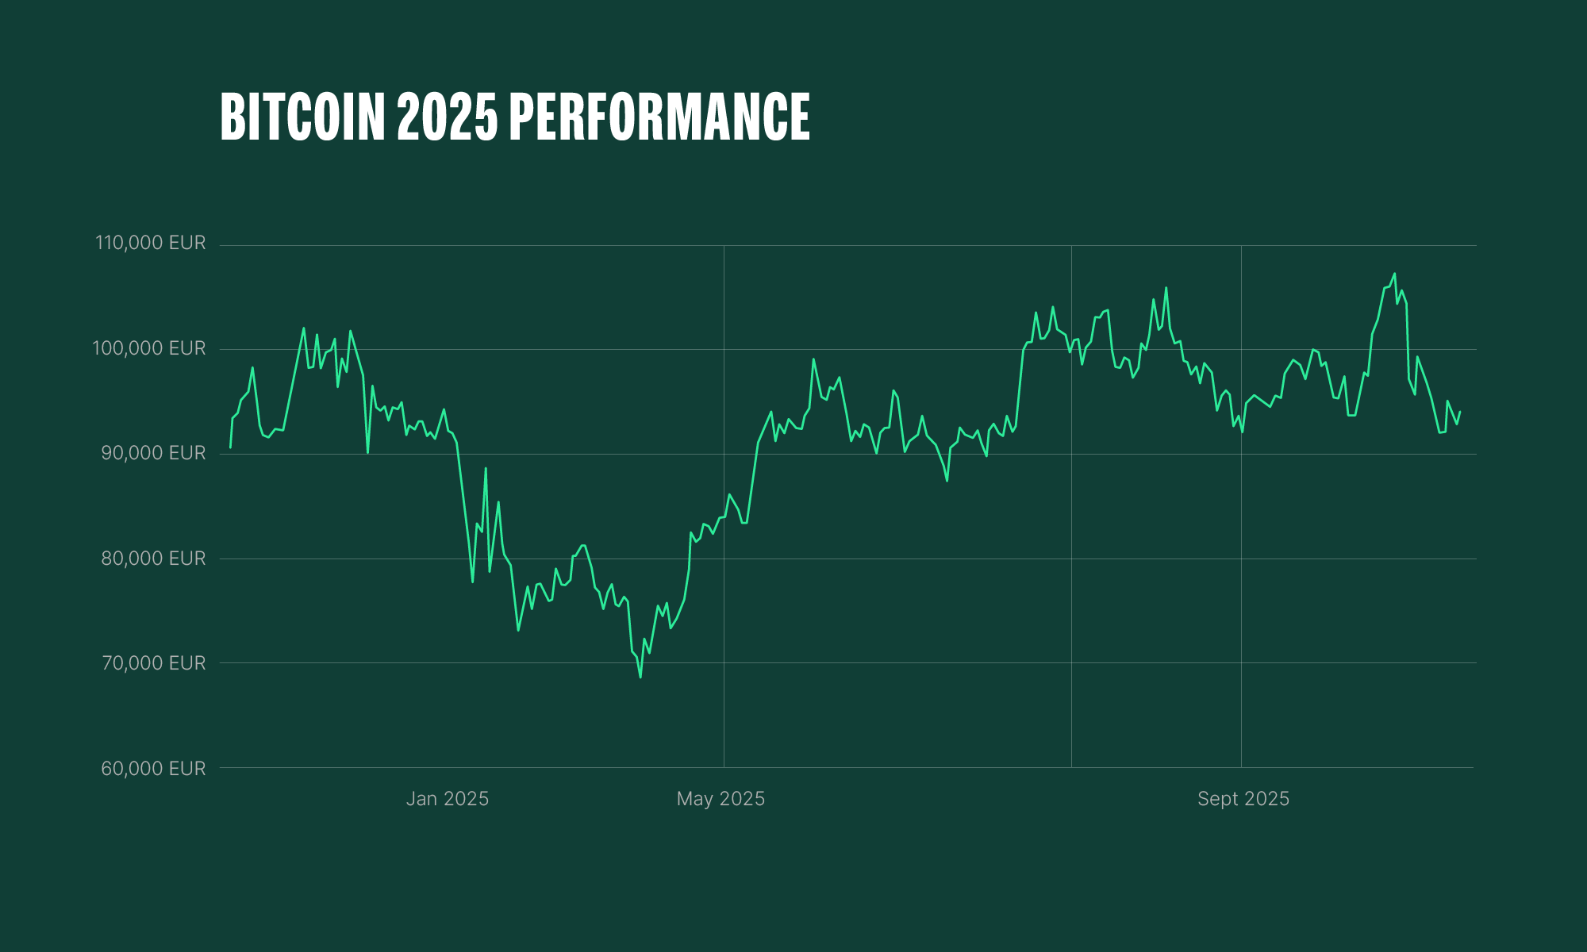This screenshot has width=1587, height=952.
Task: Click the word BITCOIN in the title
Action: [302, 117]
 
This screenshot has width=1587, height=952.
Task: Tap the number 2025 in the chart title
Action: [448, 117]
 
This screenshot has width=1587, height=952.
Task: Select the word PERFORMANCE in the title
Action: [659, 117]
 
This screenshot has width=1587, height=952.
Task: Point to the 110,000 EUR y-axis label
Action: [151, 243]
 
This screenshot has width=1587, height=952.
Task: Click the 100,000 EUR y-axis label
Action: [149, 348]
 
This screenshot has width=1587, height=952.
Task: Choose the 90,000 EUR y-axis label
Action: [153, 453]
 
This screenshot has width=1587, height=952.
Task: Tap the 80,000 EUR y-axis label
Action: [153, 559]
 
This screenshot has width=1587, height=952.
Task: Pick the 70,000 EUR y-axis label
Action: [153, 663]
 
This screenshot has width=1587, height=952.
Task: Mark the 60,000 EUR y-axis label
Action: [153, 769]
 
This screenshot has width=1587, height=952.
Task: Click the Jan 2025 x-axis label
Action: [448, 799]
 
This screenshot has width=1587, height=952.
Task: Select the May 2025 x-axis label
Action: [720, 799]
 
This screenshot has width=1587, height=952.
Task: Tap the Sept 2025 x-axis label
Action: [1243, 799]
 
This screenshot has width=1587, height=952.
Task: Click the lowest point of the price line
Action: [640, 677]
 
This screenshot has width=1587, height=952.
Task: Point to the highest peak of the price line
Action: [1394, 274]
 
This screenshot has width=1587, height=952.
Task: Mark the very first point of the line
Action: [230, 447]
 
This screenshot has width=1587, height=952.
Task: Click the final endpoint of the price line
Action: [1460, 412]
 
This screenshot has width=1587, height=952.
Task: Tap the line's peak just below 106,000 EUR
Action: [1166, 288]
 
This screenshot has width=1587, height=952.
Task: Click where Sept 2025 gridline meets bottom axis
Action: [1241, 767]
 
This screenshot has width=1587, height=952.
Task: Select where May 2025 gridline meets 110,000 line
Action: [724, 245]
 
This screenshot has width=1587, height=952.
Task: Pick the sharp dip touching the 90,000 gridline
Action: [367, 452]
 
